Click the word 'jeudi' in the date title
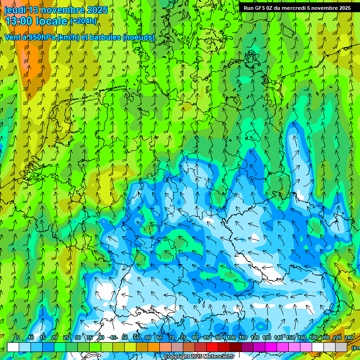point(15,10)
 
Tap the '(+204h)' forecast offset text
point(83,21)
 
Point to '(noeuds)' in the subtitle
point(138,37)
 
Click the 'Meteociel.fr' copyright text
point(216,357)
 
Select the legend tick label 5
point(18,337)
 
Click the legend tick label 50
point(124,337)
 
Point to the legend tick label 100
point(231,337)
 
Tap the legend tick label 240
point(348,337)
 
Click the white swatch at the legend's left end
point(13,347)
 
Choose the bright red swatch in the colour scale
point(212,347)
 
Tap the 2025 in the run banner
point(345,8)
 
